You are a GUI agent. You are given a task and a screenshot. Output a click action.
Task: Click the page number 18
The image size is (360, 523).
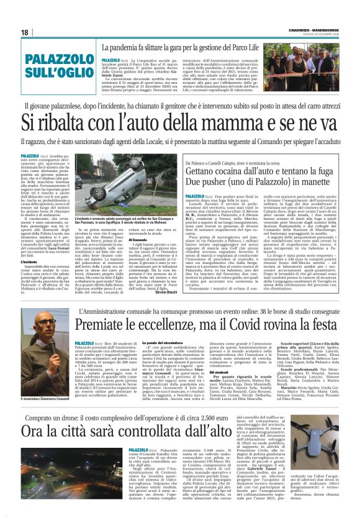[x=24, y=32]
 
